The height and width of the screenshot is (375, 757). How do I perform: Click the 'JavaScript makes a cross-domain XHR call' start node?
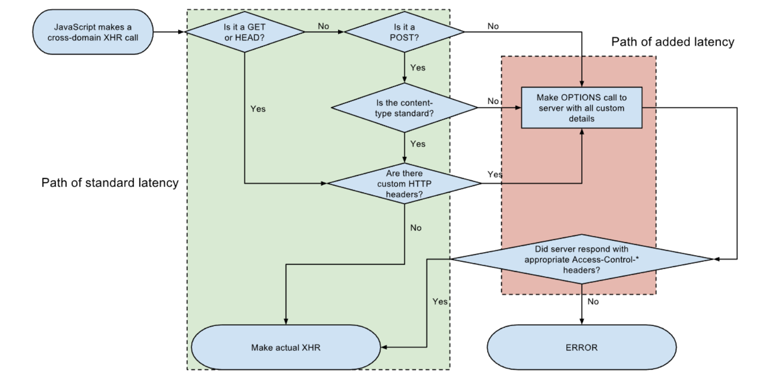[93, 32]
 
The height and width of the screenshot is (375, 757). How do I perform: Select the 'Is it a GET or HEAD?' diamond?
[244, 32]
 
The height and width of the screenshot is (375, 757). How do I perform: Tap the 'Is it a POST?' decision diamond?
[404, 32]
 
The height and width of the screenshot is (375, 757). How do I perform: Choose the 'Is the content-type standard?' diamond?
[404, 108]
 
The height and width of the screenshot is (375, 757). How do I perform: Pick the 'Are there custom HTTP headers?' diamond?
[404, 184]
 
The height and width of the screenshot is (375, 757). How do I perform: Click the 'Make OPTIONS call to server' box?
[581, 108]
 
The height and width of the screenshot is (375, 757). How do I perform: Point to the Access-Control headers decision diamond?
[581, 259]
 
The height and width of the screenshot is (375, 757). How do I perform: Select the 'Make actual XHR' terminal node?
[286, 348]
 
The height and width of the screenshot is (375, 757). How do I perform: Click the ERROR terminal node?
[581, 348]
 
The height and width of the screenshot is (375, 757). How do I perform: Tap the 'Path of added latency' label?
[672, 42]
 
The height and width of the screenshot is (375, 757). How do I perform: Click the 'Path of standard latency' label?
[110, 183]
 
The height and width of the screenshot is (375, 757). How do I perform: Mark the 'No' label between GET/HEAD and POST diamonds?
[323, 26]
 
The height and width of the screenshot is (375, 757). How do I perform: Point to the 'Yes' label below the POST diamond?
[417, 68]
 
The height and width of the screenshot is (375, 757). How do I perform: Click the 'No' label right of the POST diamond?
[493, 26]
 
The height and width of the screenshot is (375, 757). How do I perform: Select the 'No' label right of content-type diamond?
[493, 101]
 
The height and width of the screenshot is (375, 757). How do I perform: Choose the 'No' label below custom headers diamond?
[416, 228]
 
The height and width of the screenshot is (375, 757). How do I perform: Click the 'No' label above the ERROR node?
[593, 302]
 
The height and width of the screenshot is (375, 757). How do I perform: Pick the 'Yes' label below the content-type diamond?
[417, 144]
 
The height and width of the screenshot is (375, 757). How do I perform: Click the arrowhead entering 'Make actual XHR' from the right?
[384, 347]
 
